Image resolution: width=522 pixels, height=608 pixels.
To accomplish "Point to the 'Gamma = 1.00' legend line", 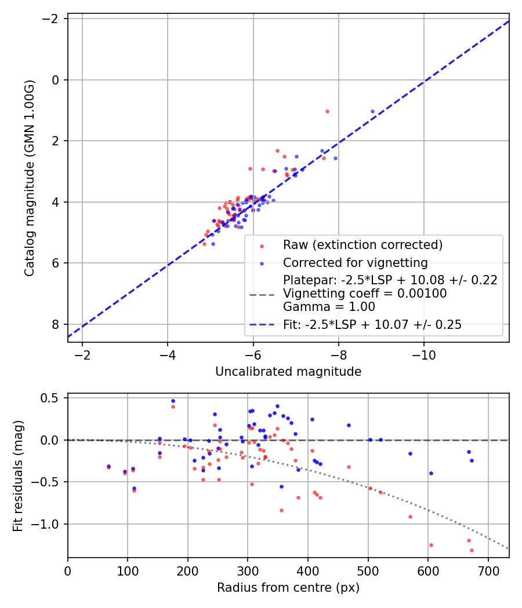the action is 329,307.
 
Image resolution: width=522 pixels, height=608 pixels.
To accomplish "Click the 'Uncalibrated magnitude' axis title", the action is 288,372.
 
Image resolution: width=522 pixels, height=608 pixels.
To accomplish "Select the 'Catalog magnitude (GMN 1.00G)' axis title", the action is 30,178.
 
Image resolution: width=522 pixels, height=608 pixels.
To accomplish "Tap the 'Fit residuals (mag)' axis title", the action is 18,476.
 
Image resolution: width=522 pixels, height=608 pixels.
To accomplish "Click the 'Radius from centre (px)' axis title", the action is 288,588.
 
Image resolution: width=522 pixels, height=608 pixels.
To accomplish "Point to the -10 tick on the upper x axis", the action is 424,355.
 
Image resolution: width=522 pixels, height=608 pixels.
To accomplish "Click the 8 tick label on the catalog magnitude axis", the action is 56,324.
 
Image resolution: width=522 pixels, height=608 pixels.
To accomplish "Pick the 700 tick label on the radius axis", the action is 488,571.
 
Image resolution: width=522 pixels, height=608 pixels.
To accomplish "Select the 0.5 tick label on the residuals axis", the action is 50,398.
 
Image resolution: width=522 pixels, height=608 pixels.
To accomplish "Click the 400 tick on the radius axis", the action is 308,571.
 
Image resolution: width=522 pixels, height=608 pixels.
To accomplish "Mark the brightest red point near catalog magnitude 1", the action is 328,112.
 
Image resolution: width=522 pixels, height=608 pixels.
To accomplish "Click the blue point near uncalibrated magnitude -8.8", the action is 372,112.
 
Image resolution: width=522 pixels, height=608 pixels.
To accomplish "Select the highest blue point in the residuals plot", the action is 173,401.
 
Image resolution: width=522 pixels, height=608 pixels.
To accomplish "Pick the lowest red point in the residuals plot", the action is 472,551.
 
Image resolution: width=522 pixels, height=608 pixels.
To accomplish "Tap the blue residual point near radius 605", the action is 431,474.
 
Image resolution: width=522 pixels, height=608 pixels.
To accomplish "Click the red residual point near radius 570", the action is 410,517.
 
